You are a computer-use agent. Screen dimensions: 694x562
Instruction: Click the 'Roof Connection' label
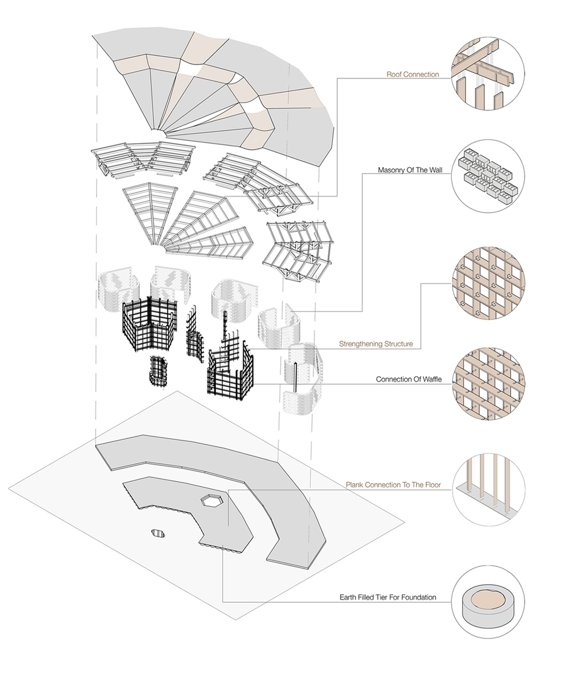[x=412, y=74]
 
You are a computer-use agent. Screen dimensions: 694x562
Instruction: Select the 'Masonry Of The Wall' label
[x=410, y=170]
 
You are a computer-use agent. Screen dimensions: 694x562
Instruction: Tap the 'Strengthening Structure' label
[x=376, y=344]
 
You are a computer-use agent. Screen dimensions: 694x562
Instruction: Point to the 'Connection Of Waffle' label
[x=408, y=380]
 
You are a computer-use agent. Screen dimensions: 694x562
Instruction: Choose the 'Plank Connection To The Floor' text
[x=393, y=485]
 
